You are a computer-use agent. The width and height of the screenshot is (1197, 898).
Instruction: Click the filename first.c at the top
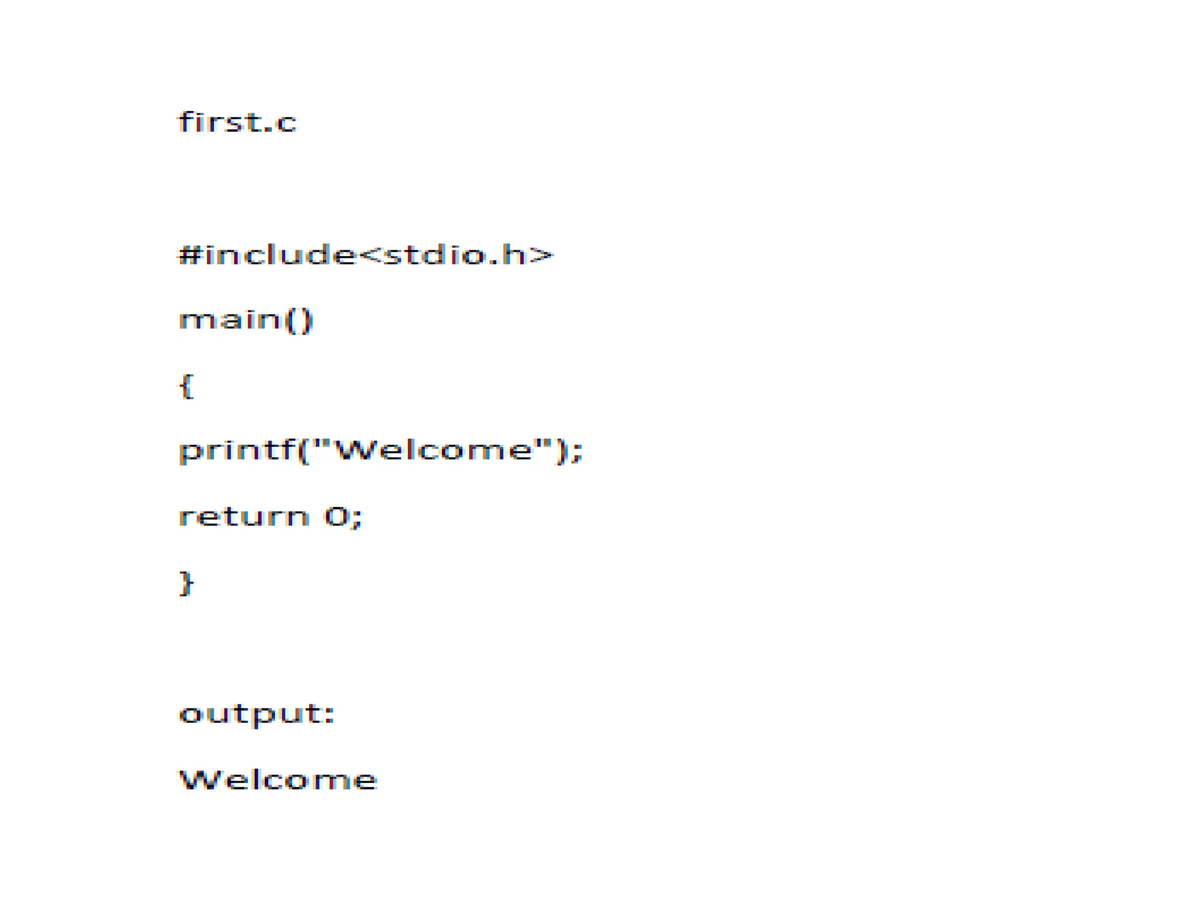237,123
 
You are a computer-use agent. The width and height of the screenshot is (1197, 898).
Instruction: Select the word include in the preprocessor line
278,255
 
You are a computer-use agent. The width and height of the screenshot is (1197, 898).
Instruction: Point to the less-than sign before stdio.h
369,256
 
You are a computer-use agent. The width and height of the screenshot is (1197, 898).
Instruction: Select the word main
230,320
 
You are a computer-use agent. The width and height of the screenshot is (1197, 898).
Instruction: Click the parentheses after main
299,321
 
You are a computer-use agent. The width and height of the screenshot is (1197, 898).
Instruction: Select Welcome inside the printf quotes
435,450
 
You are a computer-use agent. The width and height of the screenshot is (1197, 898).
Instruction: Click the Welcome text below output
278,779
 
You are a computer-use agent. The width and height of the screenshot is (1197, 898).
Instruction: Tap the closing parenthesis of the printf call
562,451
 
